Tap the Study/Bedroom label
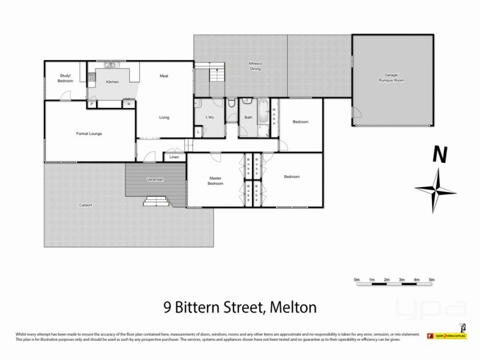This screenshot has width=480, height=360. click(x=66, y=78)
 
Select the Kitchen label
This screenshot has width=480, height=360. click(x=112, y=82)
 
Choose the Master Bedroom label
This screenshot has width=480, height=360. click(x=216, y=181)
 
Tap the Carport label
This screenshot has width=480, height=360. click(x=85, y=205)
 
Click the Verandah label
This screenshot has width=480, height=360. click(x=155, y=180)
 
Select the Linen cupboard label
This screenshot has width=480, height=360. click(x=175, y=157)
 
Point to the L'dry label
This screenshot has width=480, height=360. click(x=210, y=117)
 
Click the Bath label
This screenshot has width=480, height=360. click(x=248, y=117)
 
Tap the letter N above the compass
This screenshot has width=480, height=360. click(x=440, y=155)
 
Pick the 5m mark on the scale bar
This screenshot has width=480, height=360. click(x=431, y=280)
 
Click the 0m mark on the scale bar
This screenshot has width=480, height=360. click(x=356, y=280)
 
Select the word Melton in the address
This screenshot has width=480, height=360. click(x=291, y=308)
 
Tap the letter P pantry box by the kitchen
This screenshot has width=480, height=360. click(x=92, y=104)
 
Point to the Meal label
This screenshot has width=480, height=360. click(x=164, y=76)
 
